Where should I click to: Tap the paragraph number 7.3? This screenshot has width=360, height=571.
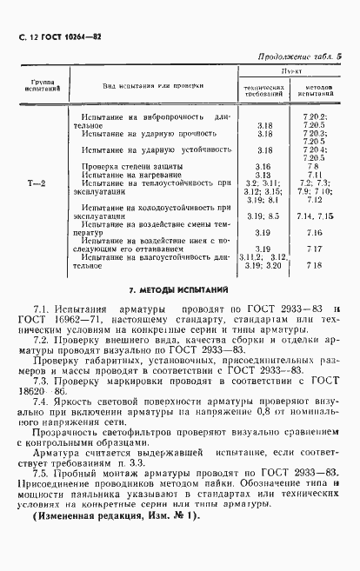(x=40, y=381)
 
